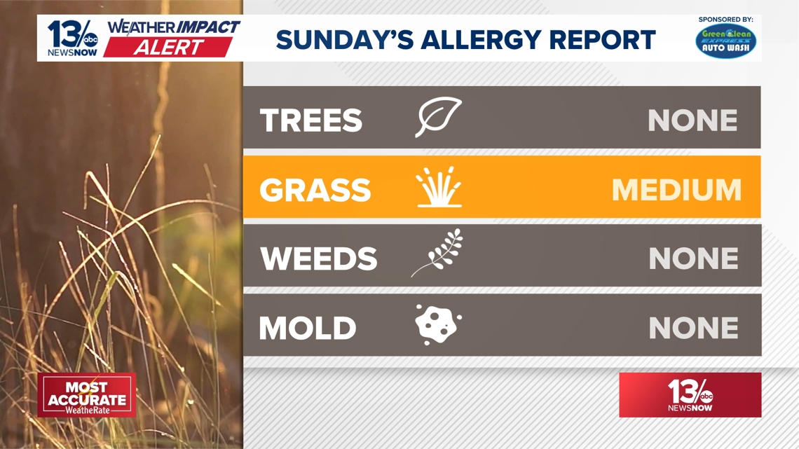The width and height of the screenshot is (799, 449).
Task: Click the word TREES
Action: tap(310, 120)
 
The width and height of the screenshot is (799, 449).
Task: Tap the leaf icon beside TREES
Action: tap(438, 116)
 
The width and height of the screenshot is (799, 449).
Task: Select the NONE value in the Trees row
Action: tap(692, 120)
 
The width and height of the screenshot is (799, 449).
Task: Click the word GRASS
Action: tap(315, 190)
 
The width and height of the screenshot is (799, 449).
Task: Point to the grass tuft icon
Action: tap(439, 187)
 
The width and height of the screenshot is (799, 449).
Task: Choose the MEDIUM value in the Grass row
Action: tap(676, 190)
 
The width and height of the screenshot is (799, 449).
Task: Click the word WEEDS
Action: tap(318, 258)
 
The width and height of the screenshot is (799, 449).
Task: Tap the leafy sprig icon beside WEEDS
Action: tap(437, 253)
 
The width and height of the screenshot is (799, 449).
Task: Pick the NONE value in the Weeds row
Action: tap(694, 258)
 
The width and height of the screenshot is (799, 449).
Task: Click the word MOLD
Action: tap(307, 328)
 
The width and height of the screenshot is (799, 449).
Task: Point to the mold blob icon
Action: tap(438, 325)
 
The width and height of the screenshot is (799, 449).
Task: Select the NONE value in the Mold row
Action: tap(694, 328)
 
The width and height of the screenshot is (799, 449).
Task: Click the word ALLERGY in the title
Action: tap(477, 40)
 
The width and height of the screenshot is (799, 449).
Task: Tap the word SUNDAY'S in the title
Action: tap(344, 40)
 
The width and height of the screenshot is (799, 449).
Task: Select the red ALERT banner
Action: tap(168, 48)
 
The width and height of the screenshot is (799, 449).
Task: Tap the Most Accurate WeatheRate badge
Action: tap(87, 395)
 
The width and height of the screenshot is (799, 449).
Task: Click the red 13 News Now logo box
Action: tap(690, 395)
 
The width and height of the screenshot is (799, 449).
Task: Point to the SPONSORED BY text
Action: tap(725, 20)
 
